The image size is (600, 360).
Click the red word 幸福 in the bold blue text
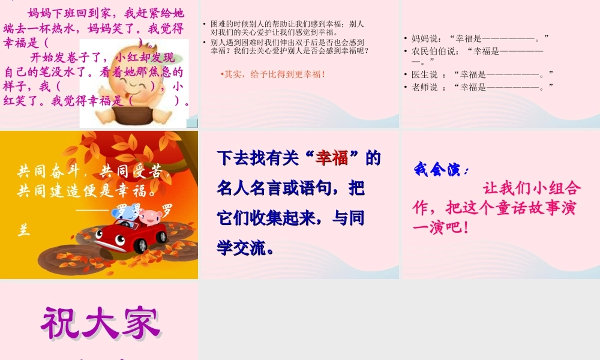point(332,158)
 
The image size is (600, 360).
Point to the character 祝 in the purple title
point(62,325)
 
